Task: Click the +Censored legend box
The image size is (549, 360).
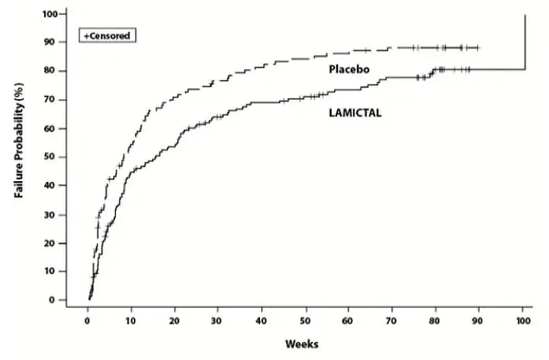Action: pyautogui.click(x=108, y=35)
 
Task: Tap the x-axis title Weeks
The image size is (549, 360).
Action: pyautogui.click(x=302, y=344)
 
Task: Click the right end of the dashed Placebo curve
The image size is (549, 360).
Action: pyautogui.click(x=478, y=47)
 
